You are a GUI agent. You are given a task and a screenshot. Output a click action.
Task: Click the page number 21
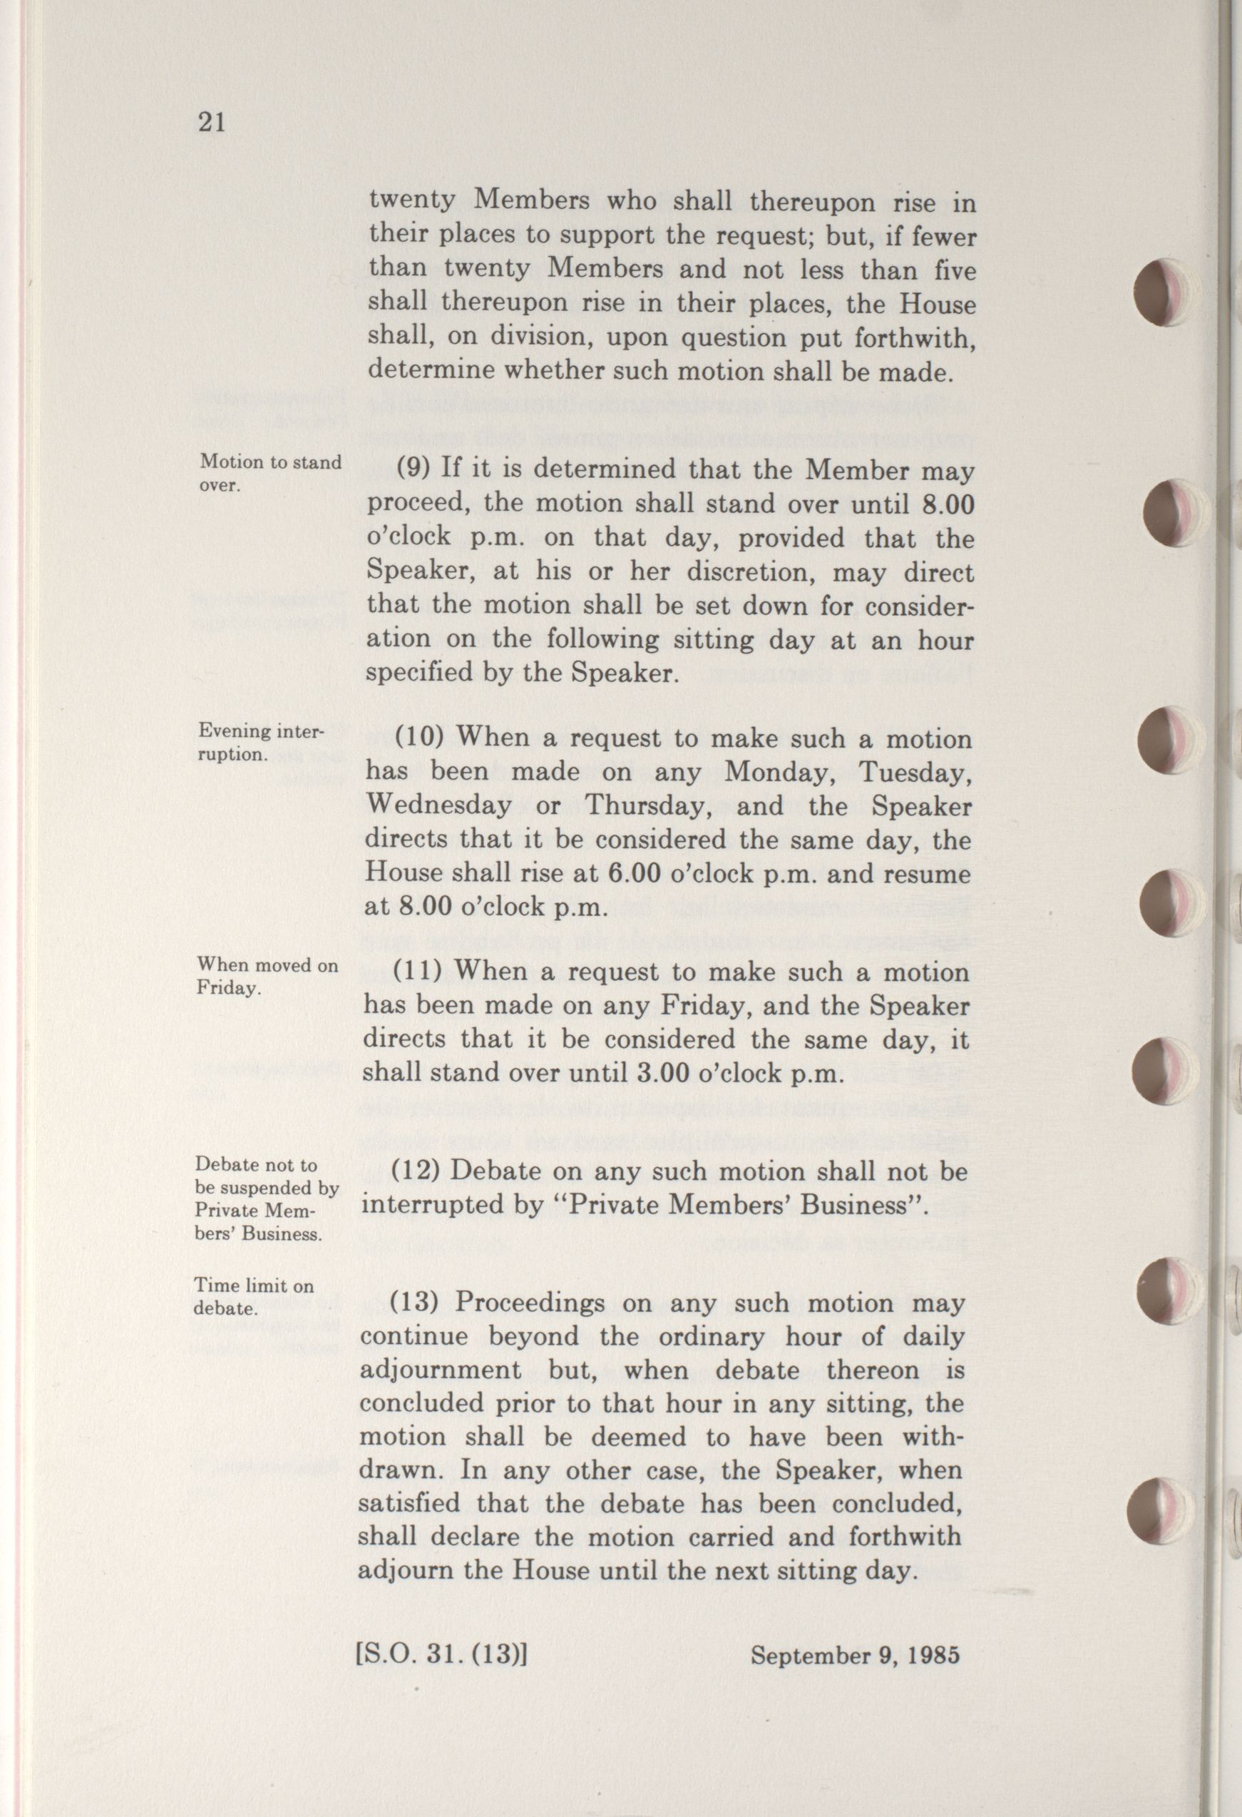[212, 123]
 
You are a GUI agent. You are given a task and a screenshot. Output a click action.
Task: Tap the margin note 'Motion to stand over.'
[270, 472]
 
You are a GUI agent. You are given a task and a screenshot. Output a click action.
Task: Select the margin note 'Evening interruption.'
[260, 743]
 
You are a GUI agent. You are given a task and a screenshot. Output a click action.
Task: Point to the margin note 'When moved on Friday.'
[267, 976]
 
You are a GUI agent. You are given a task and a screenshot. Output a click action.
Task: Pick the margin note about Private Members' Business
[266, 1199]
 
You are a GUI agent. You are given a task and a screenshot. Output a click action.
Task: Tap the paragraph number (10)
[422, 736]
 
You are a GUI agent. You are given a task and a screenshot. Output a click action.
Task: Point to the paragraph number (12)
[419, 1172]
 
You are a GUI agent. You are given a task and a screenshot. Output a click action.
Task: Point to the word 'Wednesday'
[438, 805]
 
